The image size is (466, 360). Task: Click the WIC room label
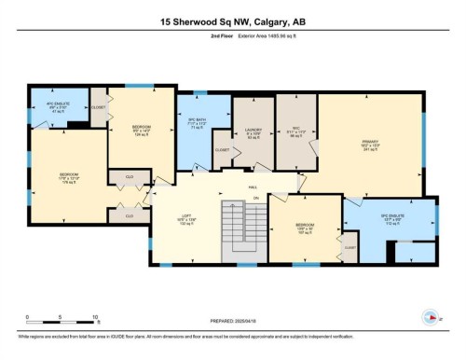click(x=297, y=133)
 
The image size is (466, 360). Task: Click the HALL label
click(x=254, y=187)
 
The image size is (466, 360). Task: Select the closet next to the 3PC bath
click(x=223, y=150)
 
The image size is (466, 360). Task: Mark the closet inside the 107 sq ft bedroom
click(x=350, y=248)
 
